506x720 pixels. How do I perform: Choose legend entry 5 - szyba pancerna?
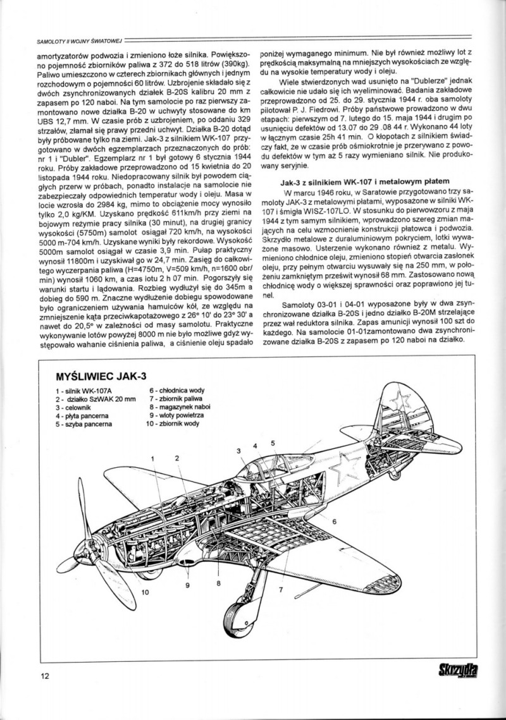click(x=83, y=424)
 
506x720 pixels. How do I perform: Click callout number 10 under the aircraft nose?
click(x=146, y=592)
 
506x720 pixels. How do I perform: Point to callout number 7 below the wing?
click(x=281, y=589)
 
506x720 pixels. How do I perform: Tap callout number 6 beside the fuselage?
click(x=333, y=522)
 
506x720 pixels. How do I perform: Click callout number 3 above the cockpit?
click(x=240, y=450)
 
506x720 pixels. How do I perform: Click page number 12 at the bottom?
click(x=44, y=676)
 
